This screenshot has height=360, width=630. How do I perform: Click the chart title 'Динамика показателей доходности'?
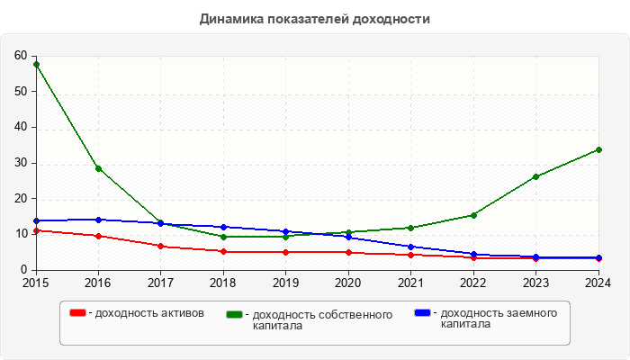tap(315, 18)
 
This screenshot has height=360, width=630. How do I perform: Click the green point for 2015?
tap(36, 65)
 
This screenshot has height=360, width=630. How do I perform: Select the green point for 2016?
tap(98, 168)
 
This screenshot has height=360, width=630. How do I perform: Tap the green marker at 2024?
tap(598, 149)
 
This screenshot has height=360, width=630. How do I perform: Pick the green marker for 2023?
tap(535, 176)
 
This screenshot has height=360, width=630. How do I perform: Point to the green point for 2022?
tap(473, 215)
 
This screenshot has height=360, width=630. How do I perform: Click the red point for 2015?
tap(36, 230)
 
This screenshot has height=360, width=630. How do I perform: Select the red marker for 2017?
tap(160, 246)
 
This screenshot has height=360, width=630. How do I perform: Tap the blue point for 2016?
tap(98, 220)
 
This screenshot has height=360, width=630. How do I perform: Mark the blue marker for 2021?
tap(410, 247)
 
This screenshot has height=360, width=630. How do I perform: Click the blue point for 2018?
tap(223, 227)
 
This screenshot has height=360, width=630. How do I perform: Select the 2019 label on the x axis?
tap(285, 283)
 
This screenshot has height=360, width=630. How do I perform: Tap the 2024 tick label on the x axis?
tap(598, 283)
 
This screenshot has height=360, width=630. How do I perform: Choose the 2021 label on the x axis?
tap(410, 283)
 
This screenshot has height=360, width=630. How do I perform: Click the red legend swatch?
tap(78, 313)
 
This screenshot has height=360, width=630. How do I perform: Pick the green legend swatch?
tap(236, 314)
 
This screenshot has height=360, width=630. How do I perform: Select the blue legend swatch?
tap(423, 313)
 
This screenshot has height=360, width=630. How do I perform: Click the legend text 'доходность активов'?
tap(149, 313)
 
